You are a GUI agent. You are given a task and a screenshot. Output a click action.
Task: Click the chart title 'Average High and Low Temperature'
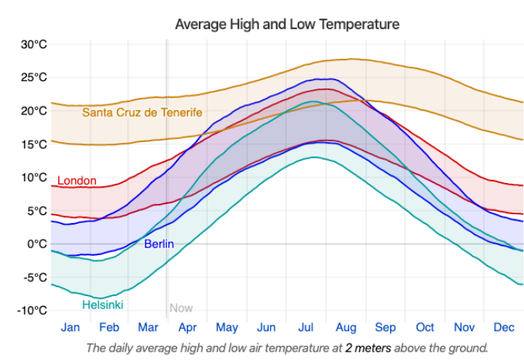click(287, 25)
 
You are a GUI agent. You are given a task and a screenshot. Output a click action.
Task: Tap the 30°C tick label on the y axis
click(33, 44)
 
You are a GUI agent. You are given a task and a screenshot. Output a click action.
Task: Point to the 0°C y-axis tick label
click(36, 244)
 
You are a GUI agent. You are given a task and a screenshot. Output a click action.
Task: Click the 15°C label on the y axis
click(33, 144)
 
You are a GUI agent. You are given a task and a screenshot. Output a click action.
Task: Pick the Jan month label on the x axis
click(71, 327)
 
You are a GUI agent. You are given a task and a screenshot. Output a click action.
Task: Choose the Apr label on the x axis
click(188, 327)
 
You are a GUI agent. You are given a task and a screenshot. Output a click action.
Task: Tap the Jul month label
click(306, 327)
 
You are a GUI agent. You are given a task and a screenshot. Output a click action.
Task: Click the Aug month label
click(346, 327)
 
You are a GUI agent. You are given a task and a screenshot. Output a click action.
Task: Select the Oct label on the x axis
click(425, 327)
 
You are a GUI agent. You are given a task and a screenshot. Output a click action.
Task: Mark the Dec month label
click(504, 327)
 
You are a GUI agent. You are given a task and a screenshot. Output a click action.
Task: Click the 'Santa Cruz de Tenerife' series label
click(142, 112)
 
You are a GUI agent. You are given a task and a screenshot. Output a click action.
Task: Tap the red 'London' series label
click(77, 181)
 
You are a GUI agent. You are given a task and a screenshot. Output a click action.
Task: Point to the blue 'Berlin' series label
click(159, 243)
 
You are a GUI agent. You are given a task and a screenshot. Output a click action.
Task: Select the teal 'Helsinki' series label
click(103, 305)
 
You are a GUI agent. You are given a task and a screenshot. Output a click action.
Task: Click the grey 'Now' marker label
click(181, 308)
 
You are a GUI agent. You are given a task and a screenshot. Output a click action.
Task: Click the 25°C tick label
click(33, 77)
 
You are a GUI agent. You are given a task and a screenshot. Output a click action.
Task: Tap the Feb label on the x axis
click(109, 327)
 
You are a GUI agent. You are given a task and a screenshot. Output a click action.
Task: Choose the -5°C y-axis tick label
click(33, 277)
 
